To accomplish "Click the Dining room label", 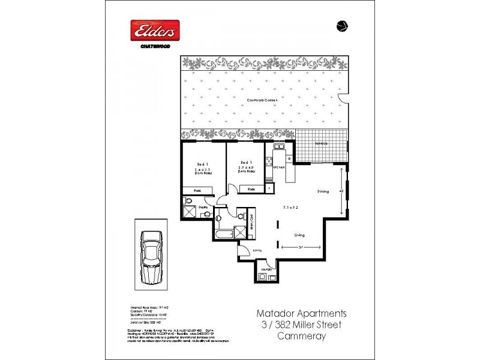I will [x=323, y=191].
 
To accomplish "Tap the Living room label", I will [x=300, y=236].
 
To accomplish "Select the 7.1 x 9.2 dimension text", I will [x=291, y=208].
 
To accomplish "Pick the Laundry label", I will [x=266, y=269].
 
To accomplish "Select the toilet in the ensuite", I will [x=206, y=214].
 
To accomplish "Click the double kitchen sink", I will [x=279, y=146].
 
